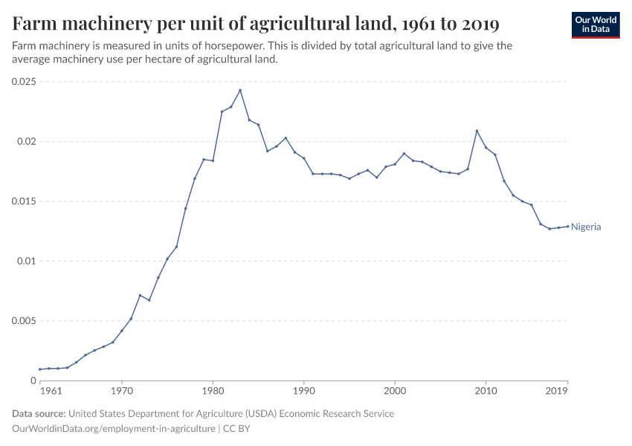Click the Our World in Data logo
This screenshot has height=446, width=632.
point(596,25)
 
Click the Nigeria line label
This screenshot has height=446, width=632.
point(586,227)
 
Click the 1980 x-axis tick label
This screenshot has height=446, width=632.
point(213,390)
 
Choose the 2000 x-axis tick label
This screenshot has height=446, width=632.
point(395,390)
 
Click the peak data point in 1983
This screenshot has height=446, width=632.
point(240,90)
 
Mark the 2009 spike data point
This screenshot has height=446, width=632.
point(477,131)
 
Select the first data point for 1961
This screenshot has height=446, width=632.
point(40,369)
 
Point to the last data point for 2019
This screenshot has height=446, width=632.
point(567,226)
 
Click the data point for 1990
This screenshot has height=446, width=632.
point(303,158)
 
